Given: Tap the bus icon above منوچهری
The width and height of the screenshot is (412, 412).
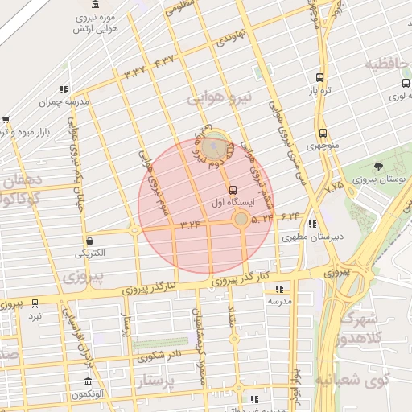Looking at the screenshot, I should (323, 133).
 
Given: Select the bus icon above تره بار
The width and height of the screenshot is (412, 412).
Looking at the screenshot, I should (320, 78).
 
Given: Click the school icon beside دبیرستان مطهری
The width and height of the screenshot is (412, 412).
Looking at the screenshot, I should (312, 225).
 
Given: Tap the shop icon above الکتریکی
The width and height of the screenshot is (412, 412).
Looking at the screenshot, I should (89, 240).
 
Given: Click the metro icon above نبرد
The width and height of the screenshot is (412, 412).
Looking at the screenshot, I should (35, 303).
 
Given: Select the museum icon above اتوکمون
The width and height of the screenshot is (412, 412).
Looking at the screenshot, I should (88, 381).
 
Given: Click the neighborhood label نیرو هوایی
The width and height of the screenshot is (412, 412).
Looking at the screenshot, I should (220, 97).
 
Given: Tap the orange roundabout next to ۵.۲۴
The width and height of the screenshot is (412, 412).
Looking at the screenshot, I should (241, 218).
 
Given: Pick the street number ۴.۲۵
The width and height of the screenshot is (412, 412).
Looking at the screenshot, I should (332, 186).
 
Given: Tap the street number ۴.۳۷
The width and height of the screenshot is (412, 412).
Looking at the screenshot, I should (164, 60).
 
